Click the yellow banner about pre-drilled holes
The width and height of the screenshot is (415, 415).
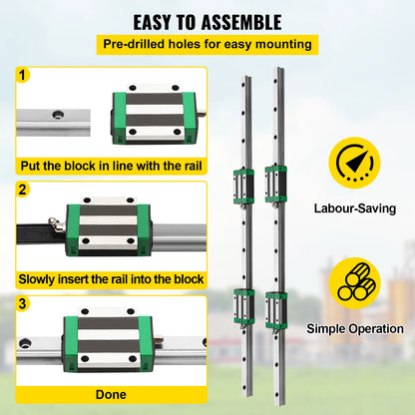(207, 44)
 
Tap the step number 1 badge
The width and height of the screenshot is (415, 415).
(23, 75)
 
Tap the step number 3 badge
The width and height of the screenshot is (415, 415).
(23, 303)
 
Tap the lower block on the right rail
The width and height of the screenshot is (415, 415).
(275, 305)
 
